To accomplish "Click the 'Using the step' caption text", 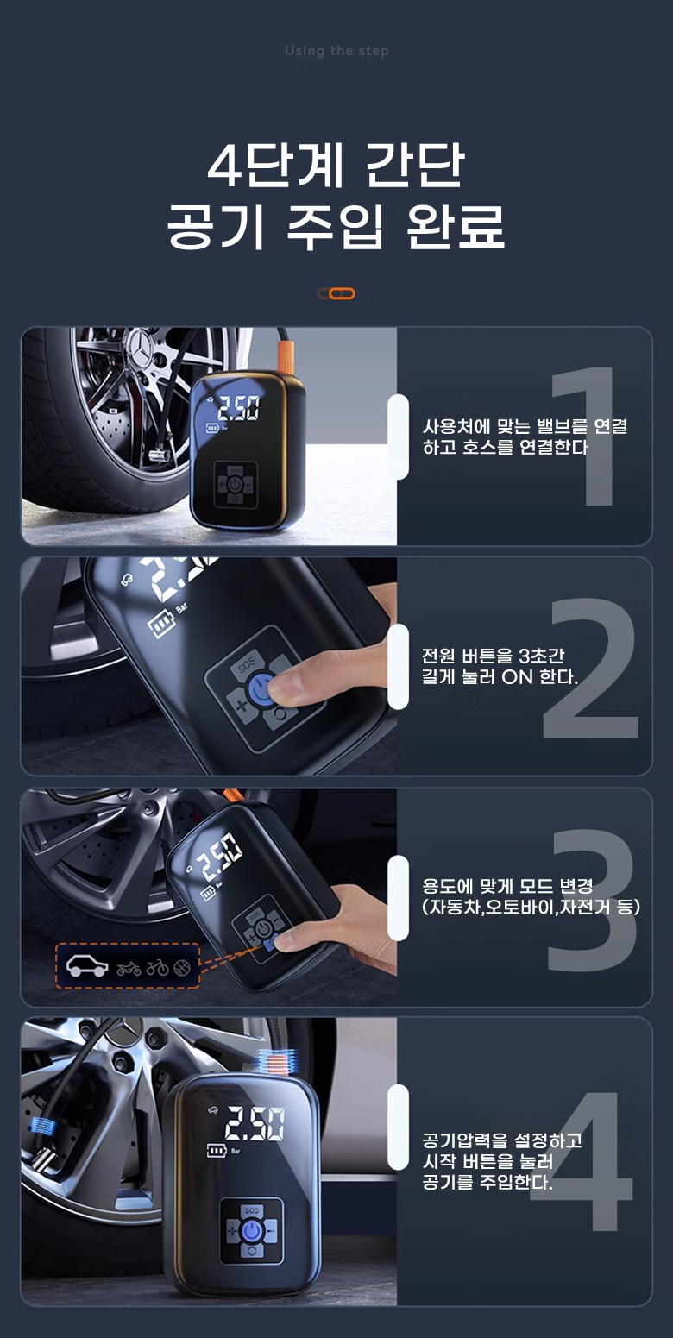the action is [x=336, y=52].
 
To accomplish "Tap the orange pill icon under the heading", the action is [x=336, y=293].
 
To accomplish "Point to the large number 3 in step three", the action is [x=591, y=899].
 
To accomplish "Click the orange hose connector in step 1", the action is [x=286, y=355].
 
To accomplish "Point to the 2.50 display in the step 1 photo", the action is [x=238, y=409].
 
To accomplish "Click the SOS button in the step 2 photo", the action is [x=246, y=663].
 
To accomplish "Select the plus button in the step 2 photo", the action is [x=241, y=707].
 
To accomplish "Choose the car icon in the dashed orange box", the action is [x=86, y=965].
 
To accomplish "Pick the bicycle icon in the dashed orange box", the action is [x=158, y=967].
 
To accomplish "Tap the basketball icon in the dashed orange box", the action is [x=182, y=967].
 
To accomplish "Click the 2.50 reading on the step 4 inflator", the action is [x=255, y=1123].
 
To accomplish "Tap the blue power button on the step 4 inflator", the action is [x=252, y=1231].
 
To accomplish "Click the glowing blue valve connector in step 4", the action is [x=42, y=1127].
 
